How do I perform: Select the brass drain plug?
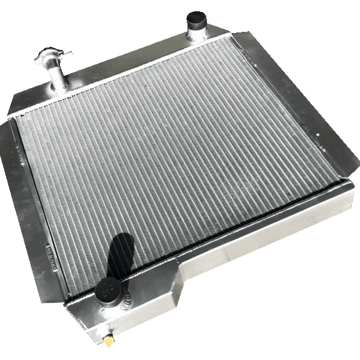[x=108, y=343]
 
